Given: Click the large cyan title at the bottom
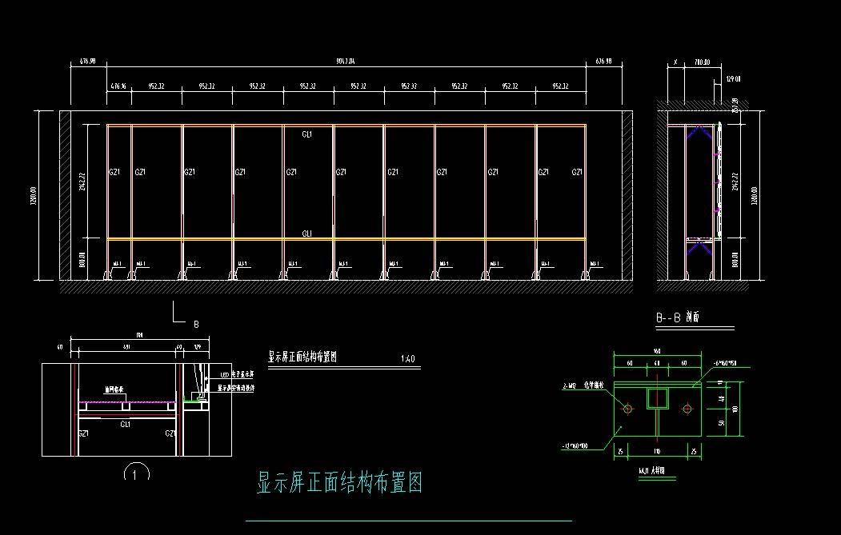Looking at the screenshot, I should click(339, 482).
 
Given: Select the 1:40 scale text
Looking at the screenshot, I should click(407, 358).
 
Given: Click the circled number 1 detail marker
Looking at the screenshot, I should click(137, 473).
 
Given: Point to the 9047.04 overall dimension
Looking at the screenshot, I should click(346, 61).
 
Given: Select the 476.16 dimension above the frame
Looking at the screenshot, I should click(118, 86).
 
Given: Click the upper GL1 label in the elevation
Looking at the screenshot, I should click(307, 134).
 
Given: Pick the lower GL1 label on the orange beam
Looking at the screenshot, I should click(307, 234).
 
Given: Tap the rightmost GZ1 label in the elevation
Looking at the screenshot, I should click(577, 172).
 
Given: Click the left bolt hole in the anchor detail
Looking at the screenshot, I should click(628, 409).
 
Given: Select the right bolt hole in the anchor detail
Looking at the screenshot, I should click(687, 409).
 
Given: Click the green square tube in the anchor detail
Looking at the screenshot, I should click(658, 397).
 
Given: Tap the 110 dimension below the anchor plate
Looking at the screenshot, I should click(657, 452).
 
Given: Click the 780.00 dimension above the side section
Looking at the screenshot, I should click(702, 62).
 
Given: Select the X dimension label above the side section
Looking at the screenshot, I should click(675, 62).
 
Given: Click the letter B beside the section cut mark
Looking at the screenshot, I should click(195, 324).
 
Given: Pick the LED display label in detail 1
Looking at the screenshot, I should click(237, 373).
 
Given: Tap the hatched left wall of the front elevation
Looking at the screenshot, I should click(65, 195).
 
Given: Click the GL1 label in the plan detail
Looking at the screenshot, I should click(126, 424).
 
